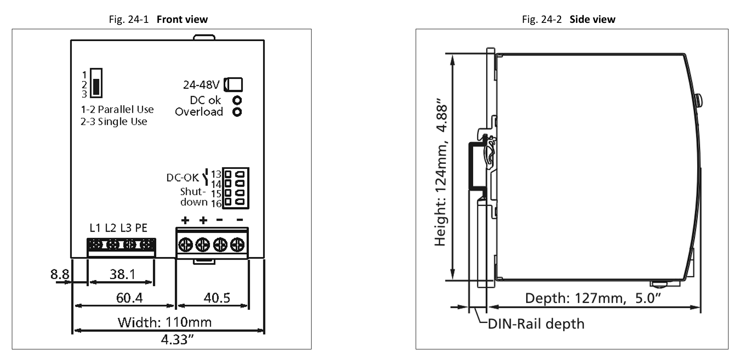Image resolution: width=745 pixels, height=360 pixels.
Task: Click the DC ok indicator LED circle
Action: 237,100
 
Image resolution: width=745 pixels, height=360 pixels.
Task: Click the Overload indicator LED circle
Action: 237,112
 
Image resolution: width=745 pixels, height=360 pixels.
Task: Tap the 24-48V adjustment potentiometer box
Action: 233,85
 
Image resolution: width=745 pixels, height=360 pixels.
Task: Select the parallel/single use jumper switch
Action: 96,83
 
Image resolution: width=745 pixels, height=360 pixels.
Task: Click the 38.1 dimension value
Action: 122,274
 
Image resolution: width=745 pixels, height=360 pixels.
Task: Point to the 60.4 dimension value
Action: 129,298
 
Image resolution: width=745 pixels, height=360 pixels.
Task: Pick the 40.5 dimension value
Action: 217,298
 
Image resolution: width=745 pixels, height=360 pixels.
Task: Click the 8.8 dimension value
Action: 60,274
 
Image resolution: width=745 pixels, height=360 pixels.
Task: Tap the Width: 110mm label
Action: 164,322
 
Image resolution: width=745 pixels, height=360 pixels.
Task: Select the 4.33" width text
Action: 177,339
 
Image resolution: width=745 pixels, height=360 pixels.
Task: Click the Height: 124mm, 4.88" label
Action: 441,172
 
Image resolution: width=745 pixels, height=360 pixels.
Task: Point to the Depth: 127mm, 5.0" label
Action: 593,298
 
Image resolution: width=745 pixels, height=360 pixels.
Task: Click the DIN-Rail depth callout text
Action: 536,324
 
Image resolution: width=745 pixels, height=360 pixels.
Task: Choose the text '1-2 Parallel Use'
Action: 117,109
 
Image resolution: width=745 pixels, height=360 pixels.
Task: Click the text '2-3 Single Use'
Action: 114,122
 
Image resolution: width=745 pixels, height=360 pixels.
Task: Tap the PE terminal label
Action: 141,228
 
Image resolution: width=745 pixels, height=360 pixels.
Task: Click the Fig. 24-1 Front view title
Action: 158,19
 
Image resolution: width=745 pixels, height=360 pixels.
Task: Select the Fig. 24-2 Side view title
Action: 568,19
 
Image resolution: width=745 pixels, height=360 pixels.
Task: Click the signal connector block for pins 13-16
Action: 236,188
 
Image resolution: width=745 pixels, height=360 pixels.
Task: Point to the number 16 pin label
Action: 216,204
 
